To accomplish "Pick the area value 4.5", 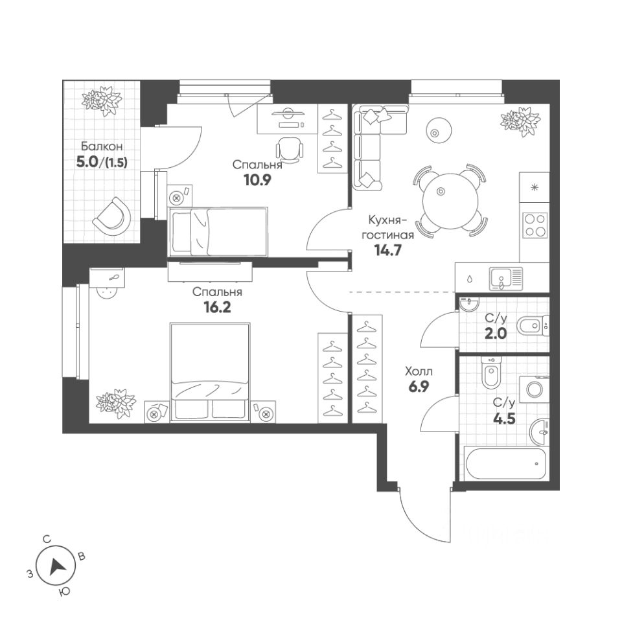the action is [500, 417].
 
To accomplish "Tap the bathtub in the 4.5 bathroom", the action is [505, 463].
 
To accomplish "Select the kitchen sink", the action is [506, 277].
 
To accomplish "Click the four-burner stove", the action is [535, 225].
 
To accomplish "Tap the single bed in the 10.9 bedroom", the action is [218, 231].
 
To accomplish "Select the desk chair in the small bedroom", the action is [289, 149].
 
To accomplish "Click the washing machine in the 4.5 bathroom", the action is [535, 389].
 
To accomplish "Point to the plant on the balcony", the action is [102, 100].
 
